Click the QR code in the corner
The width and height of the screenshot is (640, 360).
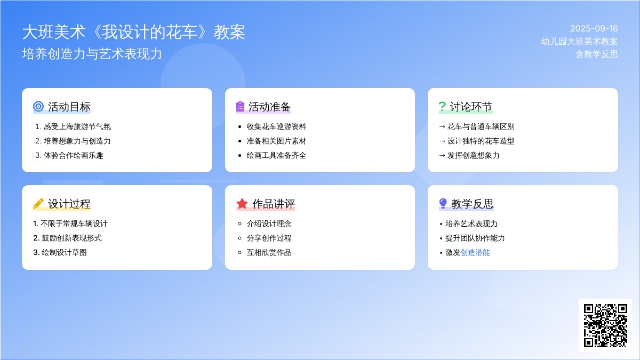tap(605, 325)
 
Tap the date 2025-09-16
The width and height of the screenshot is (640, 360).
tap(594, 29)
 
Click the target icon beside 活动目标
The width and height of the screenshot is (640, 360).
tap(38, 106)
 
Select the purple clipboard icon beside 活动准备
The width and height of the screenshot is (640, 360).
tap(240, 106)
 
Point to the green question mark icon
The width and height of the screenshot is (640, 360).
tap(442, 107)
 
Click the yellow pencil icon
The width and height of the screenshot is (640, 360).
tap(38, 203)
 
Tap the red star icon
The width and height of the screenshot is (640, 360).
tap(242, 203)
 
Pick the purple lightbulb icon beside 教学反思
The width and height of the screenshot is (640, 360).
tap(443, 203)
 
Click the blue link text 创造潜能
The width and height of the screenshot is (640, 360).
tap(475, 253)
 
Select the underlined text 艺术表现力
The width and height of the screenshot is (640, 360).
tap(479, 223)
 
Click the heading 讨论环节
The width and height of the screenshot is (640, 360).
tap(471, 107)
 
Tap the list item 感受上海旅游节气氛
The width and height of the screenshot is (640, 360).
tap(77, 126)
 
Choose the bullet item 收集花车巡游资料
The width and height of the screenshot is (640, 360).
tap(276, 126)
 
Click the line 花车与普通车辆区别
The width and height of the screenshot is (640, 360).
tap(481, 126)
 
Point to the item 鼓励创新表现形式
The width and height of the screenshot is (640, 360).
tap(71, 238)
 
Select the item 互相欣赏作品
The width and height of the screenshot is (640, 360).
tap(269, 253)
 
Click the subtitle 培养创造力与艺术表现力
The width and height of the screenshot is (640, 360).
tap(92, 54)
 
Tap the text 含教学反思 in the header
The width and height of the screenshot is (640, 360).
tap(597, 54)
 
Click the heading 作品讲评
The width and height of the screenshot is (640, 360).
tap(273, 204)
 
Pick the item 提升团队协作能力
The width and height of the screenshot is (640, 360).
tap(475, 238)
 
